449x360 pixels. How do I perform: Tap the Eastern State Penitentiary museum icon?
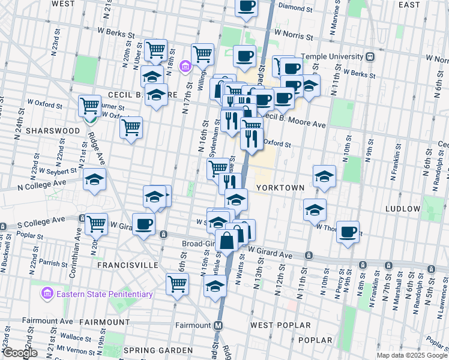tap(47, 294)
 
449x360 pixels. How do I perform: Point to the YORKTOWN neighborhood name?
tap(280, 188)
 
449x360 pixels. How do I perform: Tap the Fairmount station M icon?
tap(219, 325)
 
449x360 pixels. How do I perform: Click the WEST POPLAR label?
tap(281, 325)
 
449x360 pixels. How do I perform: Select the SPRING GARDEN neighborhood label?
tap(157, 350)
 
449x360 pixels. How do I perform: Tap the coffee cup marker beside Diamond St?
tap(246, 7)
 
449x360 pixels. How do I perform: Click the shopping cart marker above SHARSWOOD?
tap(89, 106)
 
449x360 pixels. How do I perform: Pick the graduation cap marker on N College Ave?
tap(94, 179)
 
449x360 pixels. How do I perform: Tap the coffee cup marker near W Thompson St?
tap(348, 232)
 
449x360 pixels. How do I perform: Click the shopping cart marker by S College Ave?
tap(95, 224)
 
